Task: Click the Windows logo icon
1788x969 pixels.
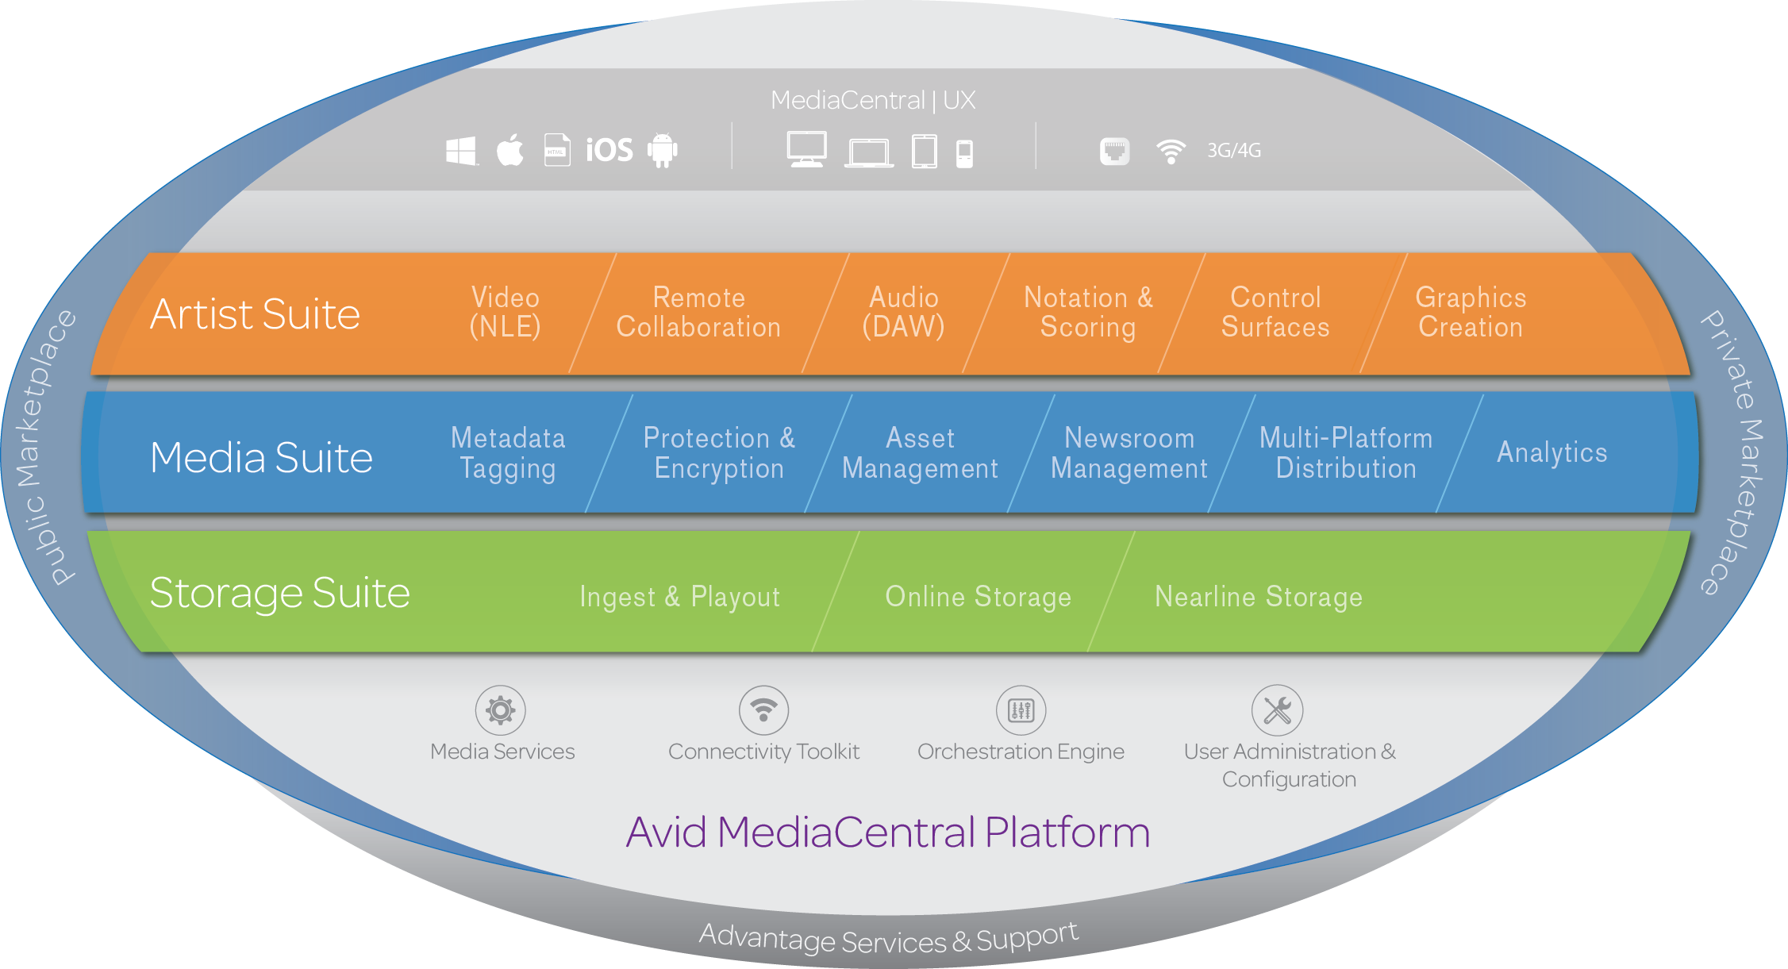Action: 461,151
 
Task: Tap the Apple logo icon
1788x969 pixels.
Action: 510,150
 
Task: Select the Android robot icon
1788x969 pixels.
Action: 662,150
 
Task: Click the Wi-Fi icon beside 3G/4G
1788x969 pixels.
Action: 1171,151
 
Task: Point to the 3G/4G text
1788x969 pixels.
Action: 1233,150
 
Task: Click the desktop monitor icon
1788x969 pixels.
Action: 806,149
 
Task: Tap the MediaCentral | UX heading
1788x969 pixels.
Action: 872,100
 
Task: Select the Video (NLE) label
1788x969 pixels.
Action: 505,312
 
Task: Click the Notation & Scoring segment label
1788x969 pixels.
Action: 1088,312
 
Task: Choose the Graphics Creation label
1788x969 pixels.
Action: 1470,312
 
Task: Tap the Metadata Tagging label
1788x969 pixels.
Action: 508,452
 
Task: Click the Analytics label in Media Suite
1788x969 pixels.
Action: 1552,452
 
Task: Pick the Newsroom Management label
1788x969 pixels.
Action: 1129,452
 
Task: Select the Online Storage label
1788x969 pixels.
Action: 978,597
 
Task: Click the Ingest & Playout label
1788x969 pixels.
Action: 680,597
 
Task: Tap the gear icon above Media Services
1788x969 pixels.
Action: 501,710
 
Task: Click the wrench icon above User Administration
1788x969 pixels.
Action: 1277,710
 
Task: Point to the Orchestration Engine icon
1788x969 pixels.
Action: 1021,710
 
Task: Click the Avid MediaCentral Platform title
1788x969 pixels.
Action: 887,832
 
